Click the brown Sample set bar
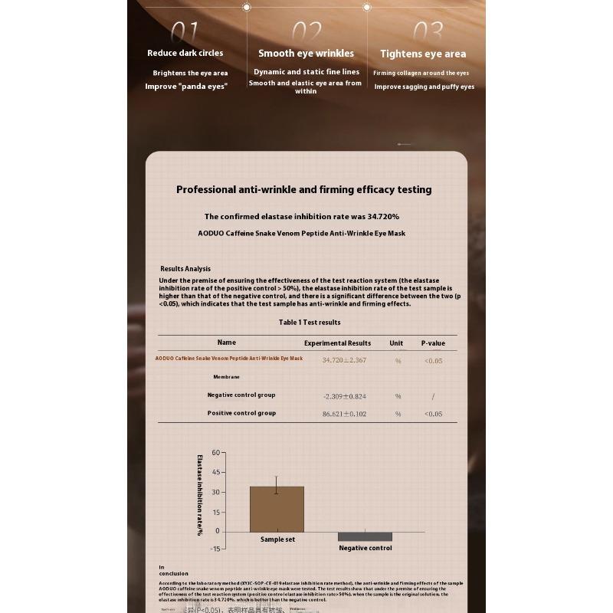(277, 509)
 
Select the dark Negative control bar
(365, 536)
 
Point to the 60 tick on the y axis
(215, 452)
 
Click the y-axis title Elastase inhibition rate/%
(199, 494)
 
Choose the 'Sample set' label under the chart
(277, 539)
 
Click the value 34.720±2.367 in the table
(344, 360)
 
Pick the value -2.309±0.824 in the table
(344, 396)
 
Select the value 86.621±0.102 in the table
(344, 414)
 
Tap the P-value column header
(433, 343)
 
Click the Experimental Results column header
(337, 343)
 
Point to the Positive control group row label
(241, 413)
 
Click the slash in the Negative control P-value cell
(433, 396)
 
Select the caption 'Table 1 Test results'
(310, 323)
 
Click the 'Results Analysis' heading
(185, 269)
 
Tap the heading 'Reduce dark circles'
(185, 53)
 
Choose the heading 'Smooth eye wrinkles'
(306, 53)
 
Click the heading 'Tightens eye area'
(423, 54)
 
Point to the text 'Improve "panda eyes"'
(186, 87)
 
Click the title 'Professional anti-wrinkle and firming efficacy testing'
(304, 189)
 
